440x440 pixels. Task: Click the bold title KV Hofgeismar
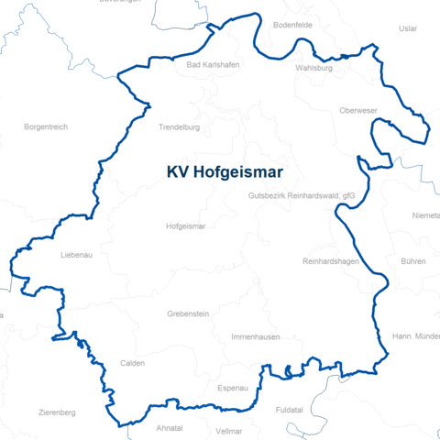(x=225, y=171)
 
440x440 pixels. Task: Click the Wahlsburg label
(x=313, y=68)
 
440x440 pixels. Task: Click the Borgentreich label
(x=46, y=126)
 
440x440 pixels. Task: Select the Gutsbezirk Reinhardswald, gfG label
(x=301, y=196)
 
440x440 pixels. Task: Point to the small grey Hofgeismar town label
(x=185, y=225)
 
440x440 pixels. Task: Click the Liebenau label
(x=76, y=255)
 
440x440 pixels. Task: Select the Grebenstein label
(x=188, y=313)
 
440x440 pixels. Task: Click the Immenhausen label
(x=256, y=337)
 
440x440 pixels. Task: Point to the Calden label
(x=132, y=363)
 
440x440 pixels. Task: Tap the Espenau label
(x=233, y=389)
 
